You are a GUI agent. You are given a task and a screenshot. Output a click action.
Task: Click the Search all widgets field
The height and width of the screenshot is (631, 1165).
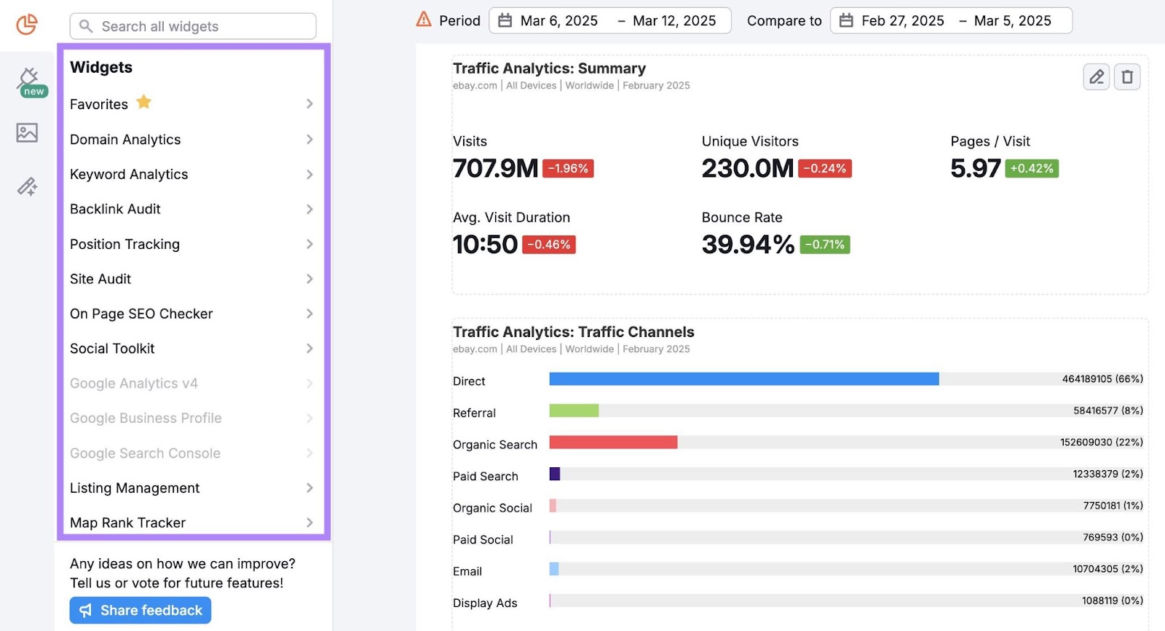(x=193, y=26)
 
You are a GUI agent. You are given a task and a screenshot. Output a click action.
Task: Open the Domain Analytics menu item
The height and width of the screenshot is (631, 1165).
(x=125, y=140)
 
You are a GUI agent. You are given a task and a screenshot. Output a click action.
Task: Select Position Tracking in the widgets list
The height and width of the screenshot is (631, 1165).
(x=125, y=245)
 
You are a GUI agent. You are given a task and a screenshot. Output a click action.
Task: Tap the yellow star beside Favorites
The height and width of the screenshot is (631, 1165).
(x=144, y=103)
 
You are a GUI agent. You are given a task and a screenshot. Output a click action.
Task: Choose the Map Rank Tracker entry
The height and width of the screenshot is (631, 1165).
(x=127, y=523)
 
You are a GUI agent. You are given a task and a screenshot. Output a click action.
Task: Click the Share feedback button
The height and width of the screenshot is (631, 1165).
(x=141, y=610)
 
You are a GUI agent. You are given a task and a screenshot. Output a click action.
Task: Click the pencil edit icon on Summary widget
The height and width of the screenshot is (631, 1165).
(x=1096, y=76)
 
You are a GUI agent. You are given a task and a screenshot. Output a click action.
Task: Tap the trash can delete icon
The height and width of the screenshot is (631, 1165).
(x=1127, y=76)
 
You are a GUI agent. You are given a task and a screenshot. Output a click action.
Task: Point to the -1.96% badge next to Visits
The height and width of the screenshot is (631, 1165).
(x=568, y=169)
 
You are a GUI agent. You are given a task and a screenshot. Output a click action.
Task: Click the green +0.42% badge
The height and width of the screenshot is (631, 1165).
(x=1032, y=169)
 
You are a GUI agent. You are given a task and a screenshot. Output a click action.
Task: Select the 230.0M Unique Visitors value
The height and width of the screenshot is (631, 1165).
(x=747, y=169)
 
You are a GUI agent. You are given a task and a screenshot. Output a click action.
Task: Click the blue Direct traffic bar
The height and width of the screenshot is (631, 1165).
(x=743, y=379)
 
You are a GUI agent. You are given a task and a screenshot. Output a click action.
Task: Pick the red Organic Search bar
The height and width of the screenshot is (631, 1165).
(x=613, y=443)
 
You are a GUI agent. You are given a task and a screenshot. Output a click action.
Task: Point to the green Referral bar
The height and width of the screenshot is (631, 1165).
(x=574, y=410)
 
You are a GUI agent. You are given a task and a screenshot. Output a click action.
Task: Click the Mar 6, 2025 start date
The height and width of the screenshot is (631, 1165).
(x=558, y=21)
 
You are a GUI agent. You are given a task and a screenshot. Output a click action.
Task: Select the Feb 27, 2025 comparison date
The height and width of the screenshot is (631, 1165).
(x=902, y=21)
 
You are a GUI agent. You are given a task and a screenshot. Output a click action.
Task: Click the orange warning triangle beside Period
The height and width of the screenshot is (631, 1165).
(x=424, y=20)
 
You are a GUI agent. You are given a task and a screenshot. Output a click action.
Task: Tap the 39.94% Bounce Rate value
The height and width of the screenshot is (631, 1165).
(x=747, y=245)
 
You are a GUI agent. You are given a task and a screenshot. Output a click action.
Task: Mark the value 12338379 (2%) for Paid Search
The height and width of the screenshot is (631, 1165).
(x=1107, y=474)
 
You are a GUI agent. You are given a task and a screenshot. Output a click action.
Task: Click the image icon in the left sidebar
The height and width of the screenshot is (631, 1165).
(x=27, y=132)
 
